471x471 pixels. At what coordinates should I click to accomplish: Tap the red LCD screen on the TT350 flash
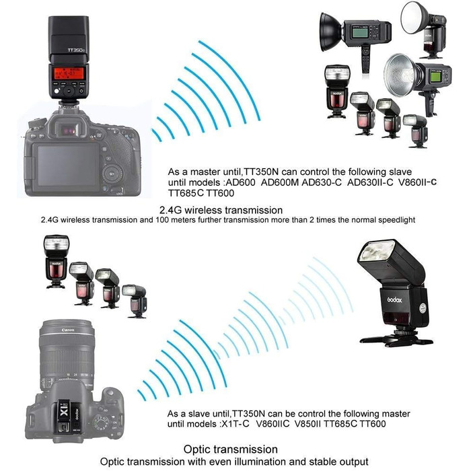(x=69, y=73)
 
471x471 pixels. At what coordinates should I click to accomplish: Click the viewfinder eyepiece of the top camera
(x=70, y=130)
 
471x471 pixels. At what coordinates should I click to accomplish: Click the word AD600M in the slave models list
(x=280, y=182)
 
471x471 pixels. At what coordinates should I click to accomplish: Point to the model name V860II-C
(x=418, y=182)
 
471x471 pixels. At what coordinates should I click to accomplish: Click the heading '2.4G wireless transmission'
(x=221, y=210)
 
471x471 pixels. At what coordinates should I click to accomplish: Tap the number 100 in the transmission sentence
(x=162, y=220)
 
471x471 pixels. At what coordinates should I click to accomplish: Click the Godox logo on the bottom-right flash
(x=394, y=299)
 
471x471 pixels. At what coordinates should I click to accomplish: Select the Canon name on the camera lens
(x=68, y=330)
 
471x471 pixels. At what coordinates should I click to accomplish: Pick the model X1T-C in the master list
(x=235, y=424)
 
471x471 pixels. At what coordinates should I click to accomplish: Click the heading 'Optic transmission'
(x=230, y=449)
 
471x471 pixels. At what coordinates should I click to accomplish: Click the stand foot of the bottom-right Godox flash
(x=396, y=339)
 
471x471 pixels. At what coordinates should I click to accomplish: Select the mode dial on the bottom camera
(x=101, y=421)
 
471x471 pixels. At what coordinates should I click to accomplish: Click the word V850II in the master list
(x=307, y=424)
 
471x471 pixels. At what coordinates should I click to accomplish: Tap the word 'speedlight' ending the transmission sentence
(x=396, y=220)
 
